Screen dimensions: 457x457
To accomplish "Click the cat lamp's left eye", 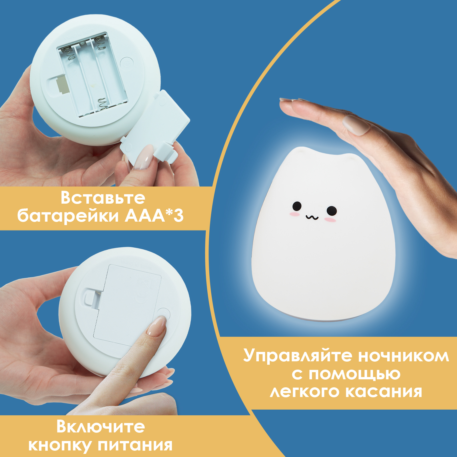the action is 297,206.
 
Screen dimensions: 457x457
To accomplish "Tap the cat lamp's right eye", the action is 332,211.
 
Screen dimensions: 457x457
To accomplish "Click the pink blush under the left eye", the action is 294,214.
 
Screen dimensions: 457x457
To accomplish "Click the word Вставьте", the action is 103,198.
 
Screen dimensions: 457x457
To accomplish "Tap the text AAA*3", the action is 154,216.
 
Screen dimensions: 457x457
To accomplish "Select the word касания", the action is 384,392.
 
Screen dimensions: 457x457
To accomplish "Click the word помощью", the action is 354,374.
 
